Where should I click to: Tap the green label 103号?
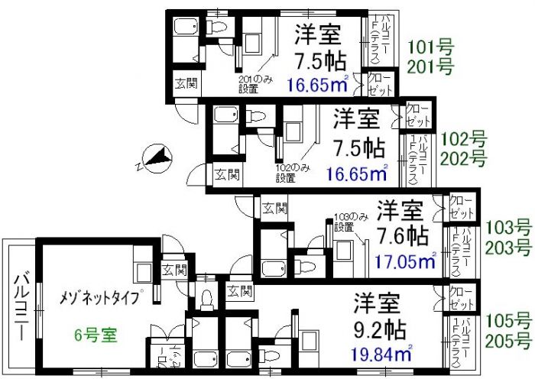508,227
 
